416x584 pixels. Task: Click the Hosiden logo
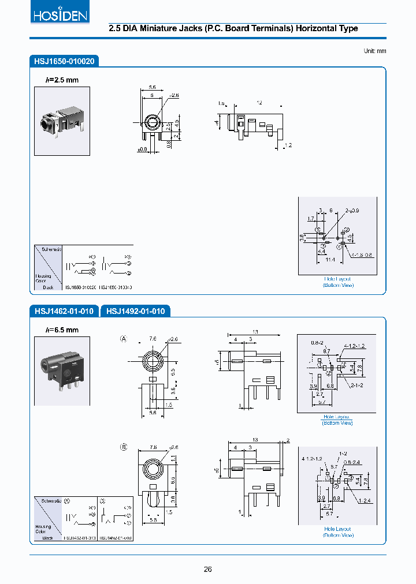click(60, 14)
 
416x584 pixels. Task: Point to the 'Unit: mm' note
click(374, 51)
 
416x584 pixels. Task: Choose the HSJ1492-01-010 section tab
click(136, 312)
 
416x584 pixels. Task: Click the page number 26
click(208, 570)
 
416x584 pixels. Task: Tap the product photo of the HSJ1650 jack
click(62, 121)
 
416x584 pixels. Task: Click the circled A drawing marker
click(123, 339)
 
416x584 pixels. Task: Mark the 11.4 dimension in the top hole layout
click(330, 260)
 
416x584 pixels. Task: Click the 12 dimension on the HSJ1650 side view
click(259, 102)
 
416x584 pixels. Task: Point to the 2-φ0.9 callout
click(352, 211)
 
